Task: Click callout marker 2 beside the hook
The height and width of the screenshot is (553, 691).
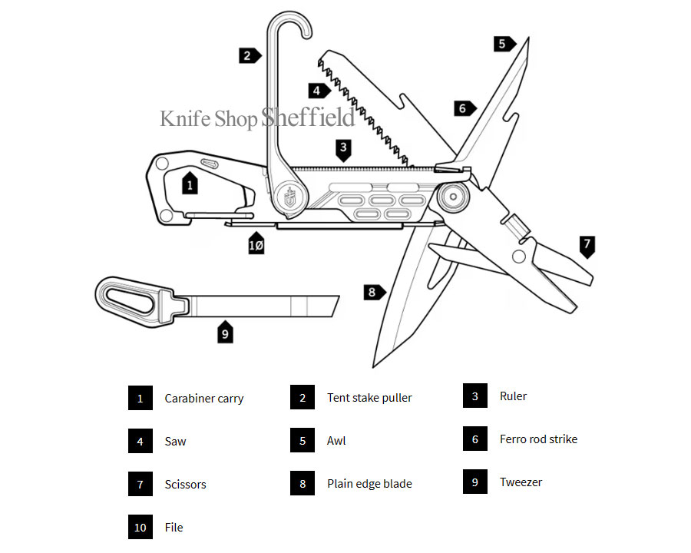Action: (x=248, y=55)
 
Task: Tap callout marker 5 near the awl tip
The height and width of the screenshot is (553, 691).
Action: (x=504, y=44)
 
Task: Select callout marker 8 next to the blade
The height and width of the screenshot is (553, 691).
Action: (x=373, y=292)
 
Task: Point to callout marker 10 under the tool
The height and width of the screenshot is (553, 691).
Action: (x=256, y=243)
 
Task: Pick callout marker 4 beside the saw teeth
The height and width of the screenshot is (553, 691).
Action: (x=318, y=91)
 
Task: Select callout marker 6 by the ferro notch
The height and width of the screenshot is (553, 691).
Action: (x=463, y=108)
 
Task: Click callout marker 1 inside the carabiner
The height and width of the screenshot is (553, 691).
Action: (x=190, y=183)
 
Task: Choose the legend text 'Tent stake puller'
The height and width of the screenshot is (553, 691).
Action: (x=369, y=398)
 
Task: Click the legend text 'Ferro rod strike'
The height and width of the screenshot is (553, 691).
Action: (x=538, y=439)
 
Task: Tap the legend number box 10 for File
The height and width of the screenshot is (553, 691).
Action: (x=141, y=527)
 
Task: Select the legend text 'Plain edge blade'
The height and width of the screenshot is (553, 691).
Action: (x=369, y=484)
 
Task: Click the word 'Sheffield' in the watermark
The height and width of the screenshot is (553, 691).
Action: (x=308, y=118)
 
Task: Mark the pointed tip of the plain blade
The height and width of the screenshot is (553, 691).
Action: (x=374, y=366)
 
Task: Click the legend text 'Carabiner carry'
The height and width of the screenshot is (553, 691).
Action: (x=204, y=399)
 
